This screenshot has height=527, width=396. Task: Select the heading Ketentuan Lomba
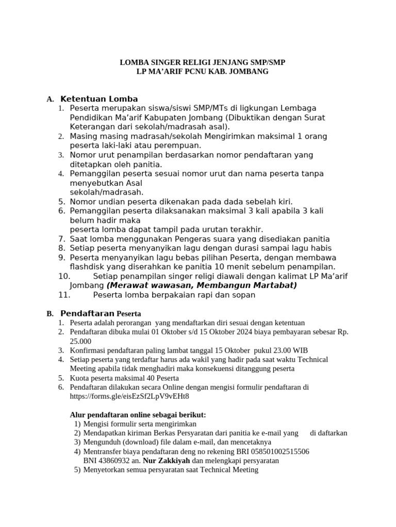click(x=99, y=99)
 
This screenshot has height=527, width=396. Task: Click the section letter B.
click(x=50, y=313)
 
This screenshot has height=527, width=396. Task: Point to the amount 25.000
click(x=80, y=341)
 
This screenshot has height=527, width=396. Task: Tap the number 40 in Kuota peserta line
click(x=141, y=378)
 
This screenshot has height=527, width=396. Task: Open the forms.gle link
click(x=129, y=396)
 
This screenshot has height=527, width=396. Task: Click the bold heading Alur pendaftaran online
click(x=138, y=415)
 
